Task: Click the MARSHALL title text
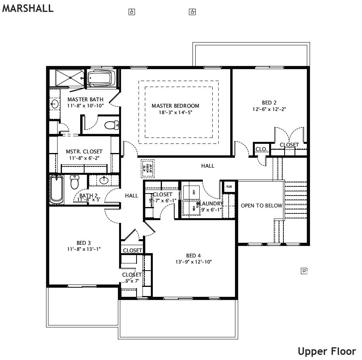point(28,9)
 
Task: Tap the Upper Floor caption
point(327,351)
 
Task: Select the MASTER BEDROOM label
point(175,106)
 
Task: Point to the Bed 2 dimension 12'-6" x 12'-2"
point(269,109)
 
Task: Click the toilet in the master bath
point(112,125)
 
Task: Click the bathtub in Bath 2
point(57,189)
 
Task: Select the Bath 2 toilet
point(75,182)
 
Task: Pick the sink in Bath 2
point(104,180)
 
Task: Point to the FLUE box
point(229,186)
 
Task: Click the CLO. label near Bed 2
point(261,149)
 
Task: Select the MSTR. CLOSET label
point(84,151)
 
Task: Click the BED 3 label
point(83,243)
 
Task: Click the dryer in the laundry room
point(191,191)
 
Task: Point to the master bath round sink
point(54,105)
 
